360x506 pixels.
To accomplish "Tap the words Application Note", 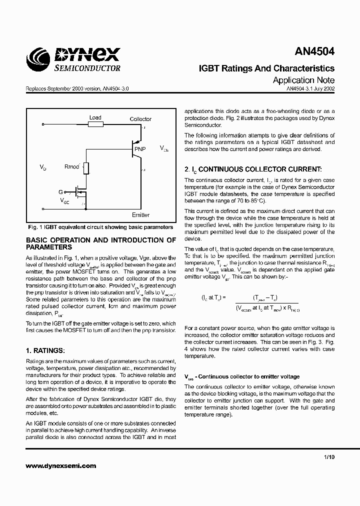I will click(x=303, y=80).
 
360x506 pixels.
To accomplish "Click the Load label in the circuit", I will click(x=95, y=118).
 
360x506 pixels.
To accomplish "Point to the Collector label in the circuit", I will click(x=140, y=119).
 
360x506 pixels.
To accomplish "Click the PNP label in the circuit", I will click(x=139, y=148).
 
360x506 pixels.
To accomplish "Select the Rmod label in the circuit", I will click(x=71, y=166).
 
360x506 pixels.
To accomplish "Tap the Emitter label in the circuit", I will click(x=140, y=215).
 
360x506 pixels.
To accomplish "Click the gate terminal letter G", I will click(x=61, y=191).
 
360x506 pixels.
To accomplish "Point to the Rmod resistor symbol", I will click(x=86, y=168).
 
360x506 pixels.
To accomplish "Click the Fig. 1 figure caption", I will click(x=100, y=227).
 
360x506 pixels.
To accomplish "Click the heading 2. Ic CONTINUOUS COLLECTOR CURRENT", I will click(x=253, y=170).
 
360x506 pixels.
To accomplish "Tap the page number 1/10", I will click(x=328, y=457).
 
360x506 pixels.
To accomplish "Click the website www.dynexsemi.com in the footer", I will click(x=60, y=465).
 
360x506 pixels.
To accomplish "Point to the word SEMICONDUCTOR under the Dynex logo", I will click(x=86, y=68).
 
